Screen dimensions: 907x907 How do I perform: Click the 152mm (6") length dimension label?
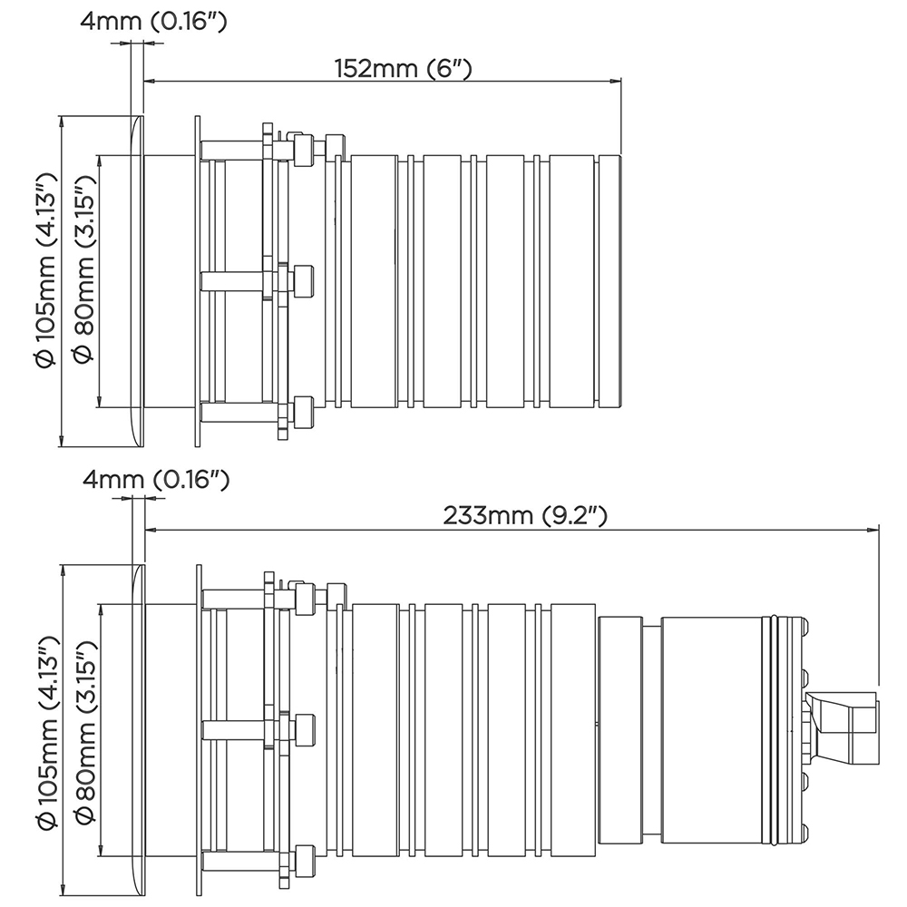point(404,69)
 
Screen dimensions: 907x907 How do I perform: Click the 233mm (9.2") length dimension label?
point(525,515)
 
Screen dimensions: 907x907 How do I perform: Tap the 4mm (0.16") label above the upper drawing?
point(153,22)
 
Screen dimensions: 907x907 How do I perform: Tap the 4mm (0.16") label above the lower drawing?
point(156,480)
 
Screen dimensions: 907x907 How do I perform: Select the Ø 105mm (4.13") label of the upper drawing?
point(45,270)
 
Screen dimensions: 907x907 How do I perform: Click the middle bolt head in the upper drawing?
point(304,281)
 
